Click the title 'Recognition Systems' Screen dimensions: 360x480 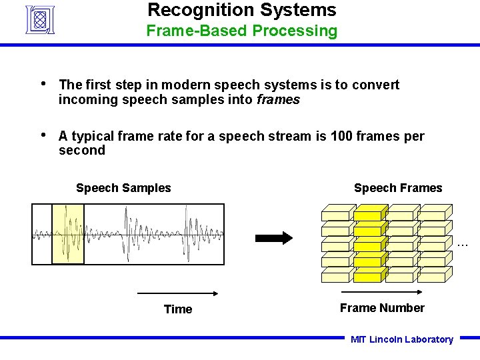pos(241,10)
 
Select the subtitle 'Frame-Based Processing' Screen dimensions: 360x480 pos(241,31)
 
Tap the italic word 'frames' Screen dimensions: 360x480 pos(278,100)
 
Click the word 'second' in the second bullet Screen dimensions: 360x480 pos(81,151)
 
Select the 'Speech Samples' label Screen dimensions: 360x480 pos(123,188)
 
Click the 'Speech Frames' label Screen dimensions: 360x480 pos(397,188)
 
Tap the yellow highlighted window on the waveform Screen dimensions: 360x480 pos(68,234)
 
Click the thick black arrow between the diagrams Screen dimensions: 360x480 pos(274,237)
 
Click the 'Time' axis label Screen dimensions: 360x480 pos(177,309)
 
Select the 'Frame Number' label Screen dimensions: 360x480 pos(381,308)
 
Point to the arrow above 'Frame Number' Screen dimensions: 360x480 pos(381,293)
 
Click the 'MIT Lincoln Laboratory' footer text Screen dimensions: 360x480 pos(401,339)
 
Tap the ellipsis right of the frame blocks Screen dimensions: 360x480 pos(463,245)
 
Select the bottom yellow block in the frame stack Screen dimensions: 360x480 pos(369,275)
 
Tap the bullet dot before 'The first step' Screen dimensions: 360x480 pos(43,84)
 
